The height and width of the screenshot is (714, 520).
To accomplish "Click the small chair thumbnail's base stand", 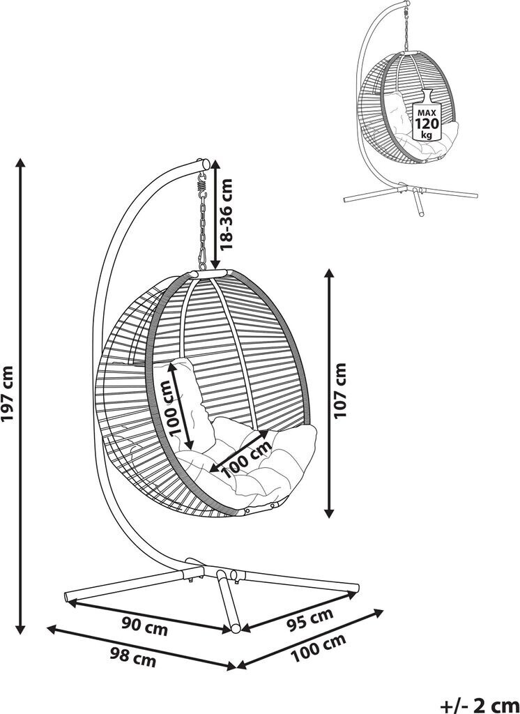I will tap(411, 195).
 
